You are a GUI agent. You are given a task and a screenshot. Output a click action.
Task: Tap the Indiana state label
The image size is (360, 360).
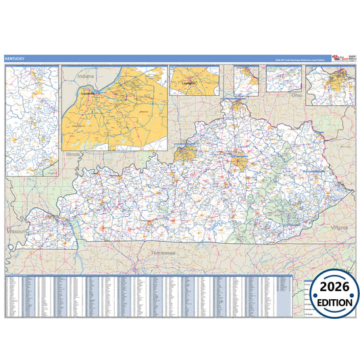coord(86,76)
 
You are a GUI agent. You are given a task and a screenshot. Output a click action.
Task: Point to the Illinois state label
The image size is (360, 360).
coord(73,155)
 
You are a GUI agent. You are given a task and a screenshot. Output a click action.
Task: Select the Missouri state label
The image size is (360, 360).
coord(14,230)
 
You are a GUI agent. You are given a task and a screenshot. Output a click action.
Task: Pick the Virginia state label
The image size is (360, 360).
coord(339,228)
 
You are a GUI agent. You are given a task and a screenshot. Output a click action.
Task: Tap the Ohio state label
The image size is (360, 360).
coord(297,96)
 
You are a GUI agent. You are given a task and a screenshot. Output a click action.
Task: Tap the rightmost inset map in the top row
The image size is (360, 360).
coord(330,85)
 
